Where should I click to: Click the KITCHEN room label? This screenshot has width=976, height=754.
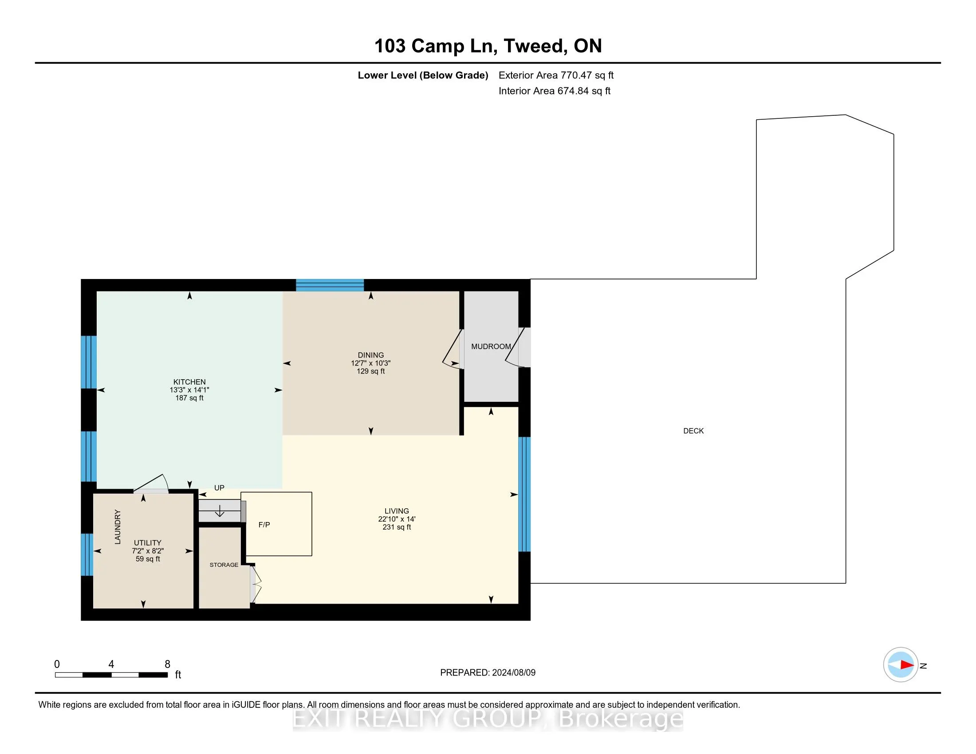pos(189,382)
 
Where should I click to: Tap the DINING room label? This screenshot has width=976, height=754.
pos(370,355)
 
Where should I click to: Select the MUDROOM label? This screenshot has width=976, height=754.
pos(491,347)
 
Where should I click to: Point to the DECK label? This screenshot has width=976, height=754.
pos(693,431)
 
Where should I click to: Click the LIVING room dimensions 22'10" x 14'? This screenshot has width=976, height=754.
pos(396,519)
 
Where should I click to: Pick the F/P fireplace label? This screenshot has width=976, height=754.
pos(264,525)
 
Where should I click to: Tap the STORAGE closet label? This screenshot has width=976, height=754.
pos(224,565)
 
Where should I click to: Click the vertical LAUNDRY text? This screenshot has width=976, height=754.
pos(118,526)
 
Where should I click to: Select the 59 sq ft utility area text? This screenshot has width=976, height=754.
pos(147,559)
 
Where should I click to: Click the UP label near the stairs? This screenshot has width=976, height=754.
pos(219,488)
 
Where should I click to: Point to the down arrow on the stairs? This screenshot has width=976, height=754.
pos(220,511)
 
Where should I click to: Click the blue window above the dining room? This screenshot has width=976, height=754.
pos(330,285)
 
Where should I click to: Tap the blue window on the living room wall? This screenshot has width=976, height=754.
pos(524,494)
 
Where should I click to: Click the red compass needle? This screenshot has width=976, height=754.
pos(907,665)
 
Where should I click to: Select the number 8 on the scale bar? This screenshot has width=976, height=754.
pos(168,664)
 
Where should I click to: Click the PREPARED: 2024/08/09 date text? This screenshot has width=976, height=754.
pos(488,673)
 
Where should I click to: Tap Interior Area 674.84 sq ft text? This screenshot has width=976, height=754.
pos(554,91)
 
